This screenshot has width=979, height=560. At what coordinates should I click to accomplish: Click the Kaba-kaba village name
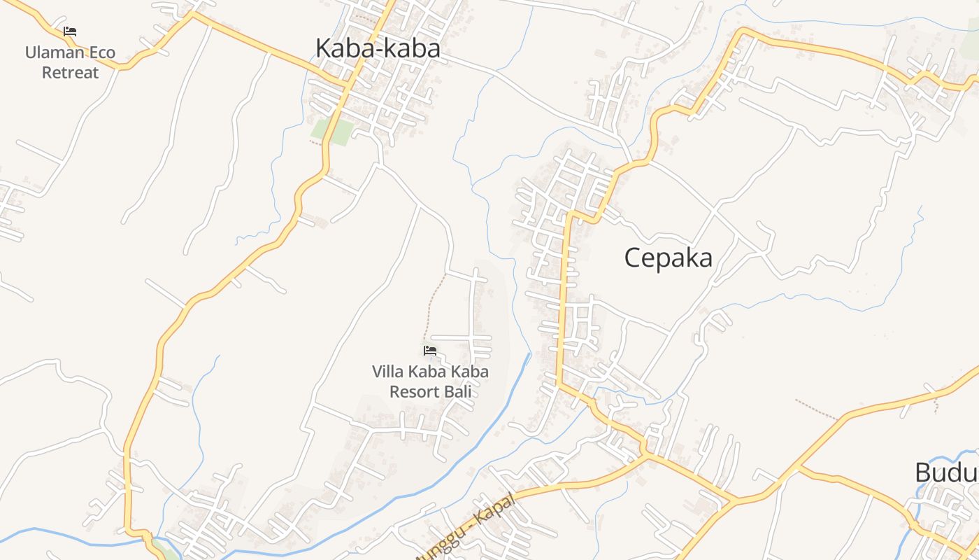tap(378, 48)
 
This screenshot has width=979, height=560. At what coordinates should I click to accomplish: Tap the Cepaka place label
tap(668, 258)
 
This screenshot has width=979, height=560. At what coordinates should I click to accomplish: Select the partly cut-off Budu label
tap(946, 473)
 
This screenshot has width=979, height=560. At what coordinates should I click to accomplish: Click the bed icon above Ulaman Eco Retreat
tap(69, 31)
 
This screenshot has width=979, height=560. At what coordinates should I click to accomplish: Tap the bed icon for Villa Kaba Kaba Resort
tap(430, 350)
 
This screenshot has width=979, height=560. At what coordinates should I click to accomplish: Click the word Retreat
tap(71, 72)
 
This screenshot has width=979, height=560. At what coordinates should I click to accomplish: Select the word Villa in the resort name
tap(387, 372)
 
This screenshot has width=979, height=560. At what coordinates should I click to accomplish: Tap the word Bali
tap(459, 391)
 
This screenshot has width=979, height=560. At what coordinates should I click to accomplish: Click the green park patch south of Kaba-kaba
tap(332, 131)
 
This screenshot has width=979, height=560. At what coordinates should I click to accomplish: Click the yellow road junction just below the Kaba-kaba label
tap(346, 85)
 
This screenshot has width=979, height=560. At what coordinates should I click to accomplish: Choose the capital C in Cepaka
tap(633, 258)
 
